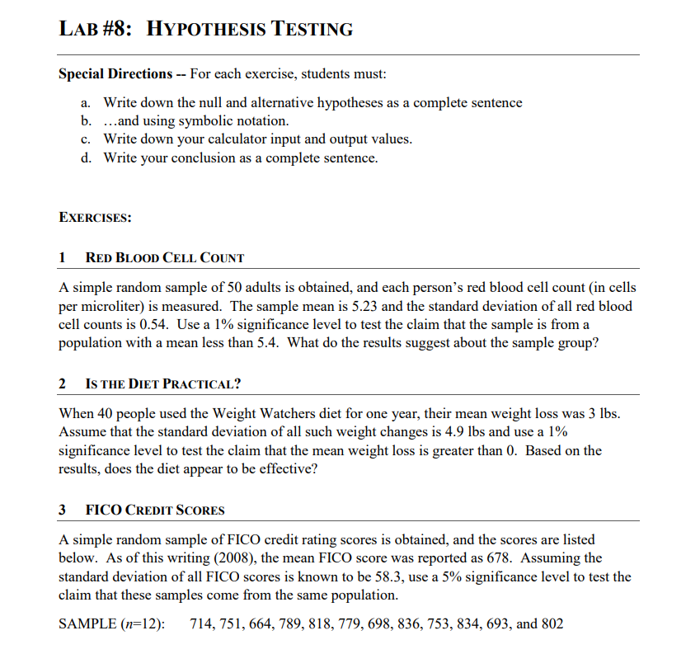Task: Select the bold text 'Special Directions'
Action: click(x=115, y=73)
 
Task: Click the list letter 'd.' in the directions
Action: click(x=86, y=158)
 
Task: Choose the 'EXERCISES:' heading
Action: click(x=96, y=218)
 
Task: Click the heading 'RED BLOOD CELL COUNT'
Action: click(x=165, y=258)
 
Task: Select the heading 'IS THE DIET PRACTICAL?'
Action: click(x=163, y=384)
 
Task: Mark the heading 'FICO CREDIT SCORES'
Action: click(x=155, y=510)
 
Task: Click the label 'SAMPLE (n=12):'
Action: click(x=111, y=623)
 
